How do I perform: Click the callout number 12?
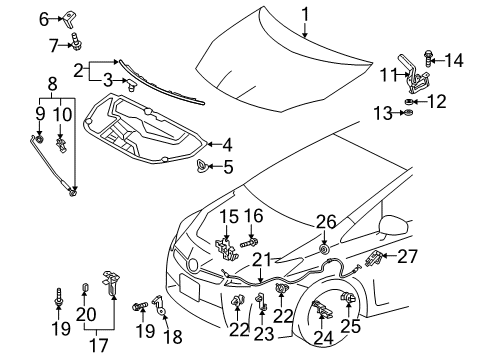click(x=437, y=100)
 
